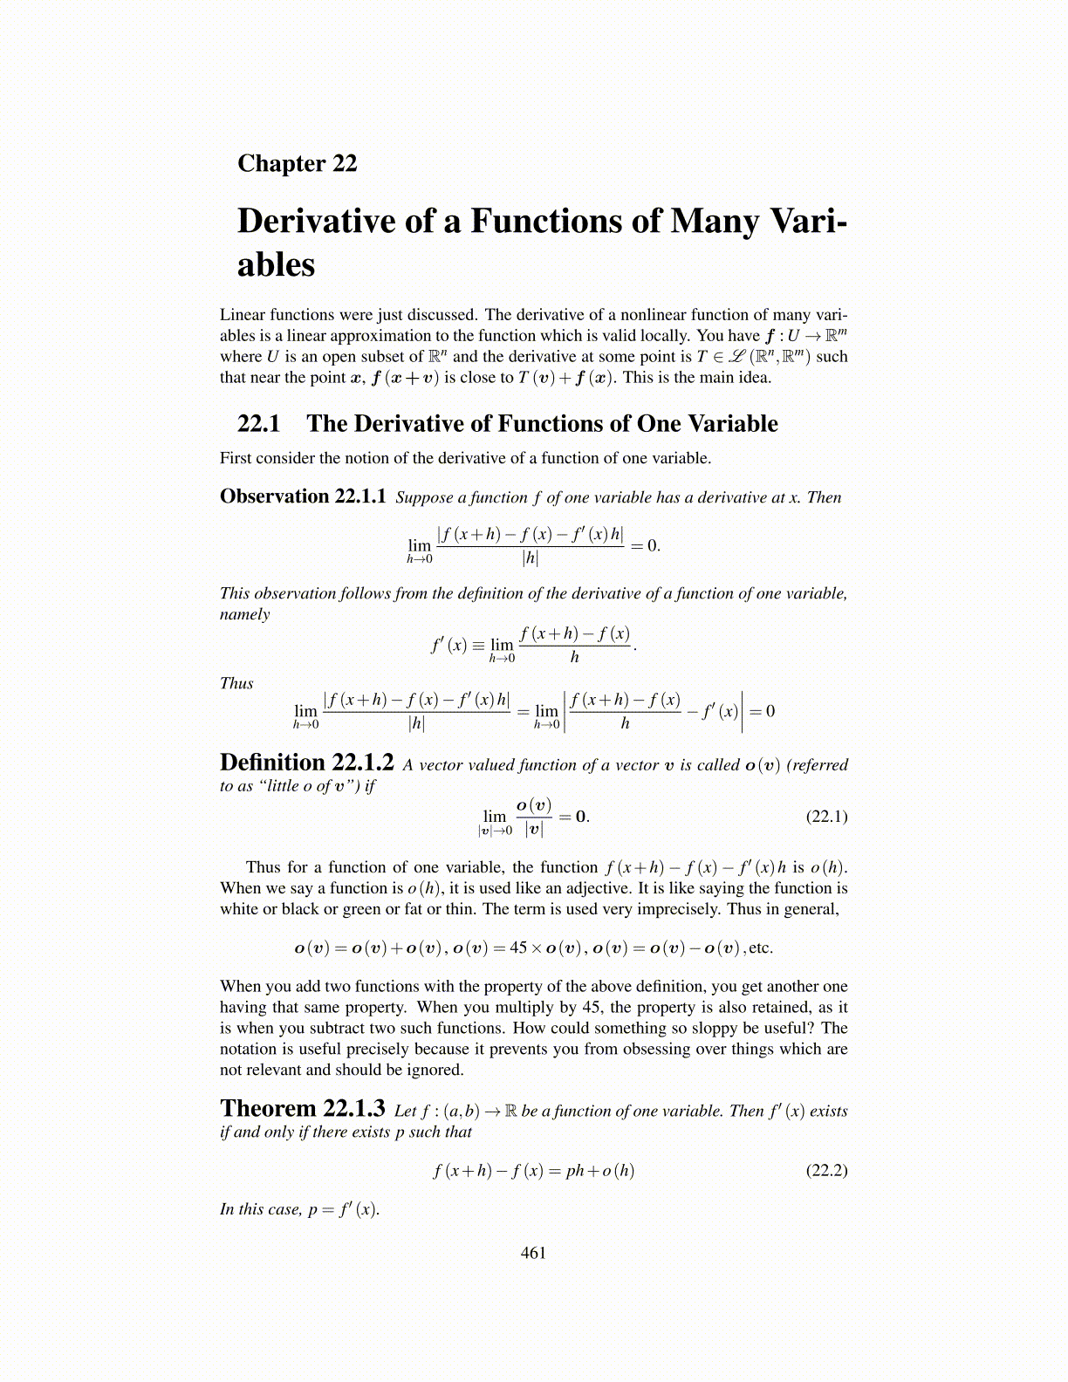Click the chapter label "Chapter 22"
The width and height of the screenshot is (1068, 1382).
(x=297, y=164)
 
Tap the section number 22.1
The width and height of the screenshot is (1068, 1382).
(x=258, y=424)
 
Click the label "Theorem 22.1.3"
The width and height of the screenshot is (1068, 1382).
(x=302, y=1109)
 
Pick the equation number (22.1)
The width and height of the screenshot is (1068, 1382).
(x=826, y=817)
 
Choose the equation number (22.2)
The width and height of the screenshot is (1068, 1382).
(x=826, y=1170)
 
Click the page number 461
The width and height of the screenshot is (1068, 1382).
(x=533, y=1253)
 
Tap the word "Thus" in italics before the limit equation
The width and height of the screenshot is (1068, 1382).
(x=236, y=683)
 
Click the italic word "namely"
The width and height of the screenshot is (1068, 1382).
(x=245, y=614)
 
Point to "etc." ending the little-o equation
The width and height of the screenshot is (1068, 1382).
(x=761, y=948)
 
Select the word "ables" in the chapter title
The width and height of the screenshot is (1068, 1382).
(x=276, y=264)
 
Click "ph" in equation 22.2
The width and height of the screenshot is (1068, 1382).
(x=575, y=1171)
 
